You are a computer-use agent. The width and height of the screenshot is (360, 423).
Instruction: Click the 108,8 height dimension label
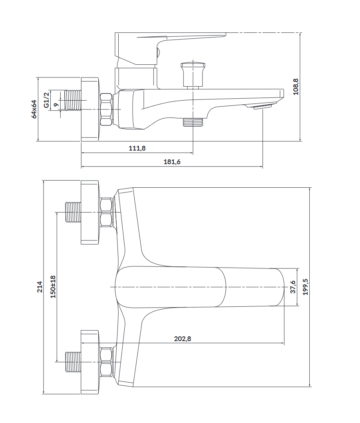coord(296,87)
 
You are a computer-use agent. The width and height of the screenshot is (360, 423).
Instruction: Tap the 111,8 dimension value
coord(137,148)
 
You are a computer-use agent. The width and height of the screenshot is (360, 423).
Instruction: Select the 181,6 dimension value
coord(172,162)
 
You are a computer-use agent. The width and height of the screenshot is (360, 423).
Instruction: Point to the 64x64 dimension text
coord(34,109)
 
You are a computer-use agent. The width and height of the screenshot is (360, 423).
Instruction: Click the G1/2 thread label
coord(46,100)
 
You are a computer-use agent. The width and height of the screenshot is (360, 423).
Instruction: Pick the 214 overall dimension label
coord(40,287)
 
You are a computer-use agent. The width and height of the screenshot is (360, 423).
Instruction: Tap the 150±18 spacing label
coord(53,286)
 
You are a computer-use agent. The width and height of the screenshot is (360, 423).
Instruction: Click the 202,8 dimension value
coord(183,339)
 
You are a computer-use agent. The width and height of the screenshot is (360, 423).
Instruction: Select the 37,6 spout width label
coord(293,287)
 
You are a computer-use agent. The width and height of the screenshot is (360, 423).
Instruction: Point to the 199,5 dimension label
coord(305,287)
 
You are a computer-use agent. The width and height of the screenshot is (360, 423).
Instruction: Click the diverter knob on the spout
coord(193,75)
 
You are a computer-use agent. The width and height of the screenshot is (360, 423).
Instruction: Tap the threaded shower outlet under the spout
coord(193,122)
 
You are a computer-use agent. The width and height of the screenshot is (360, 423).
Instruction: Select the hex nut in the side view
coord(106,109)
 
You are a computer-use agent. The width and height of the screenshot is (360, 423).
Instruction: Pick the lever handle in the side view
coord(170,49)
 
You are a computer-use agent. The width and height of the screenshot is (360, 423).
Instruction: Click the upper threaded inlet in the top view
coord(73,212)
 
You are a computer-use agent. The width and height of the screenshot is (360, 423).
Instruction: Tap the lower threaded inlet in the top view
coord(73,362)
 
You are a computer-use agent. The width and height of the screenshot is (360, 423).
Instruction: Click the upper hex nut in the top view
coord(106,212)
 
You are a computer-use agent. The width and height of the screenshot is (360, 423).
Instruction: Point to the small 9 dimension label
coord(56,105)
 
